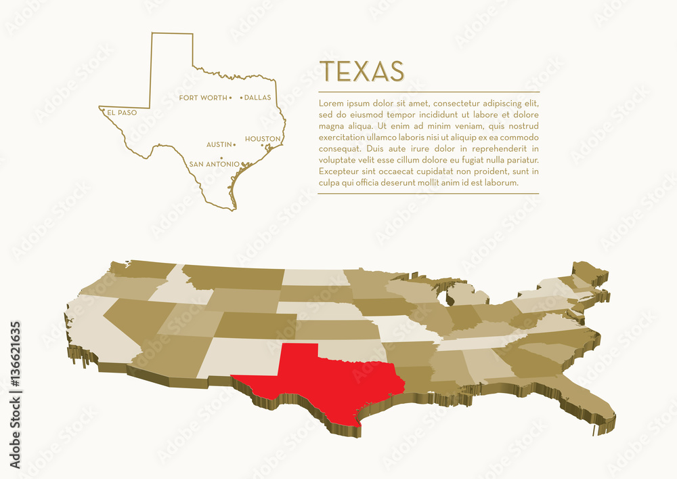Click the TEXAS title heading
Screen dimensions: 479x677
pyautogui.click(x=362, y=71)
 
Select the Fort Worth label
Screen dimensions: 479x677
pyautogui.click(x=203, y=98)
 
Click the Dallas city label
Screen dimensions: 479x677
pyautogui.click(x=257, y=98)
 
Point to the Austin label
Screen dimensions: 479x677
pyautogui.click(x=219, y=144)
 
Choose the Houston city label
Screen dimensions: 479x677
pyautogui.click(x=263, y=139)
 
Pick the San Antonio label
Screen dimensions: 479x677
pyautogui.click(x=214, y=164)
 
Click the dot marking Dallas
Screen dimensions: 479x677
pyautogui.click(x=241, y=98)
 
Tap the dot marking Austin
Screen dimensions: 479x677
pyautogui.click(x=234, y=144)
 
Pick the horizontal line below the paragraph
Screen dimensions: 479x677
pyautogui.click(x=428, y=194)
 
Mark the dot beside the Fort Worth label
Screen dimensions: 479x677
pyautogui.click(x=231, y=98)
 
